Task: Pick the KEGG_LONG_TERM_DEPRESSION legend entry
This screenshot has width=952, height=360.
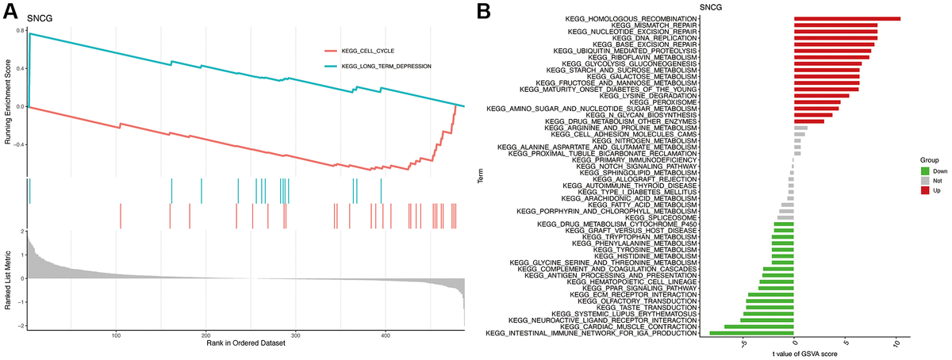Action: tap(386, 67)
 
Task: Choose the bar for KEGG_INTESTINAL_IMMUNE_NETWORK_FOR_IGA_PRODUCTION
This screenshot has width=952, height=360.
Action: tap(751, 333)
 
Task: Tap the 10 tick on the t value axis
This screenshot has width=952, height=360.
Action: tap(896, 344)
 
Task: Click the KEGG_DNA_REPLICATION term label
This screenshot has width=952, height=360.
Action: tap(655, 37)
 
